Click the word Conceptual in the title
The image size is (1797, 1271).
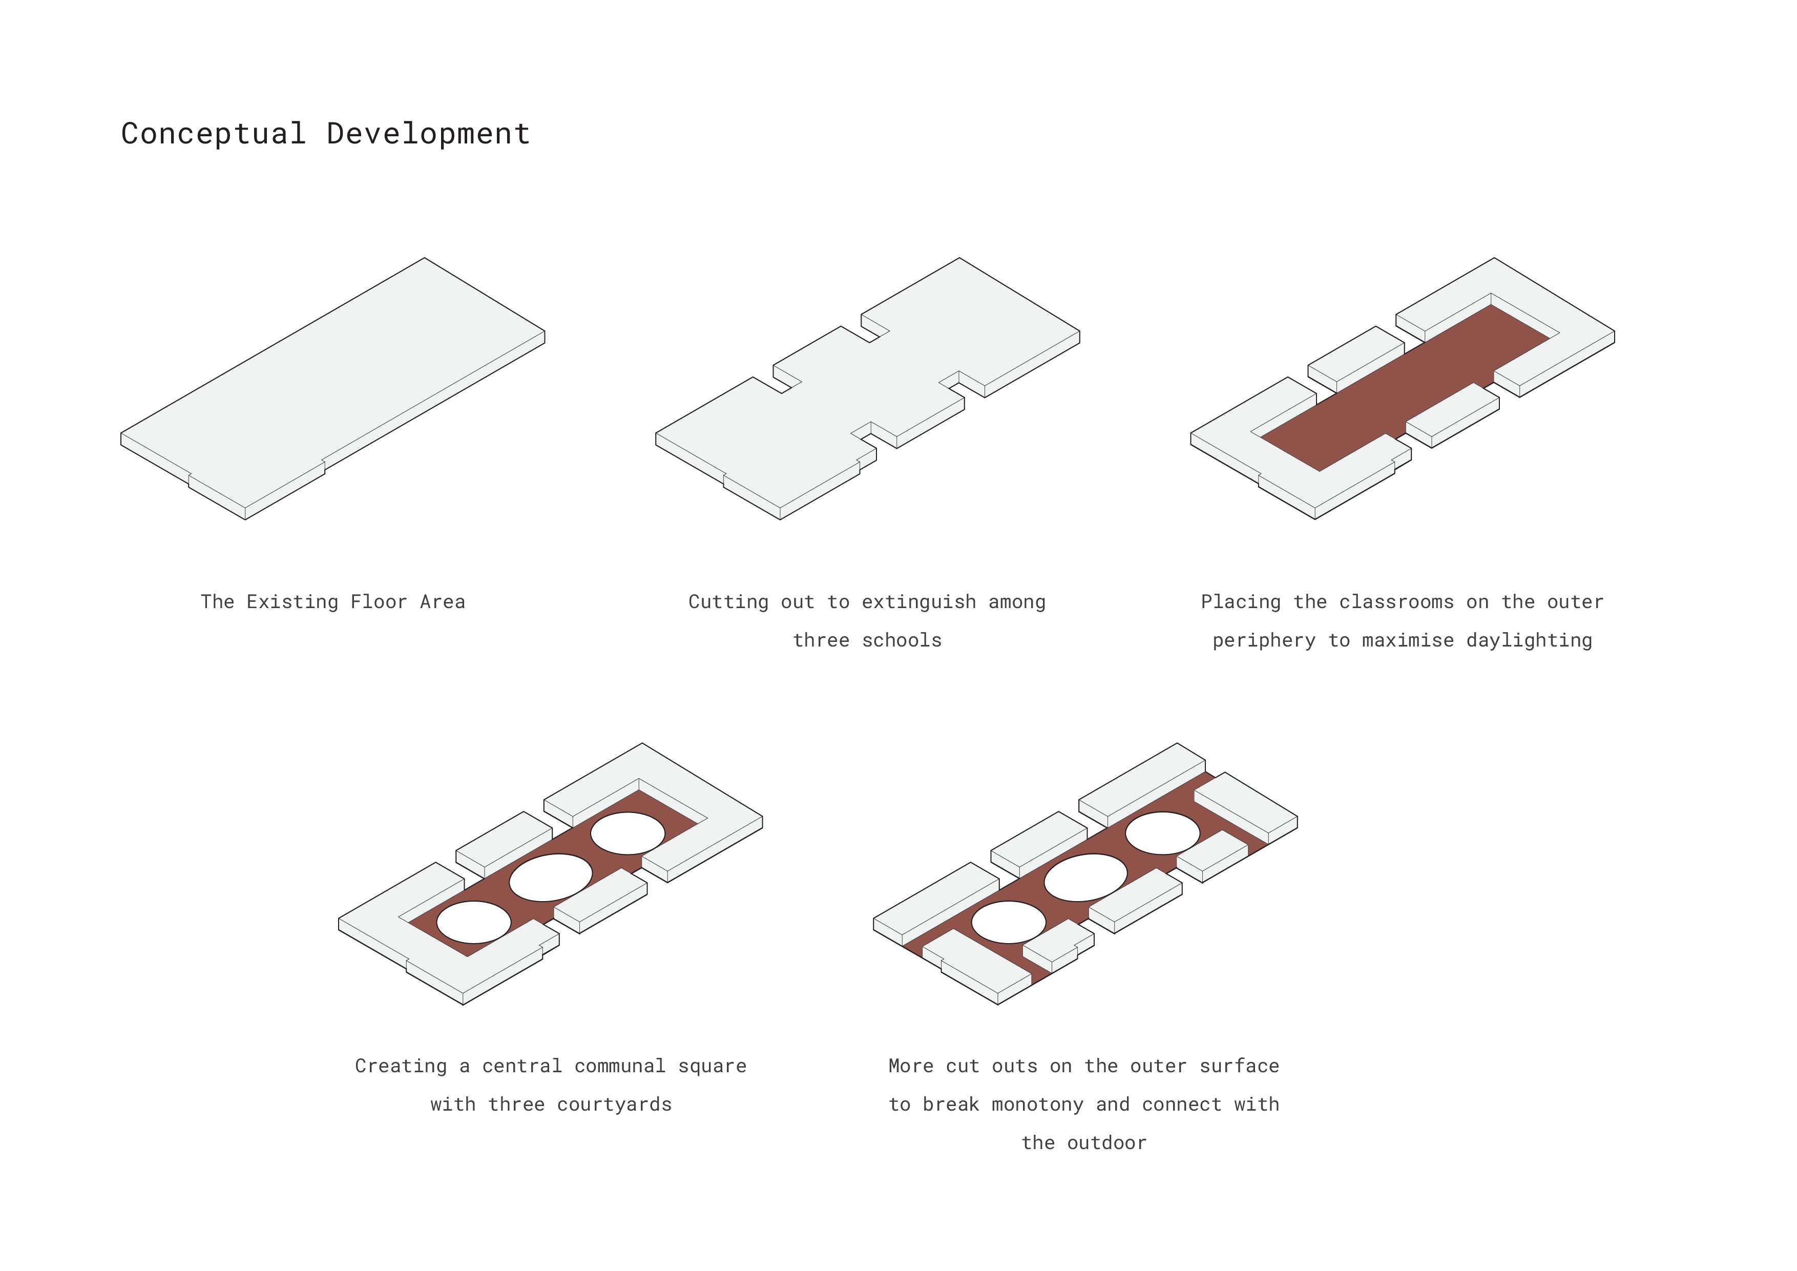pyautogui.click(x=213, y=134)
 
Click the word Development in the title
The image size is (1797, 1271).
pyautogui.click(x=428, y=134)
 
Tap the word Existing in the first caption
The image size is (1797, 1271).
pyautogui.click(x=292, y=602)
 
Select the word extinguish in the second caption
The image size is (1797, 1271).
pyautogui.click(x=919, y=602)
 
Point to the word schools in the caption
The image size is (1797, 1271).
pyautogui.click(x=902, y=640)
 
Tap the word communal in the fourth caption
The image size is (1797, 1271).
pyautogui.click(x=620, y=1066)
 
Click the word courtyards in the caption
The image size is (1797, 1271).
pyautogui.click(x=614, y=1105)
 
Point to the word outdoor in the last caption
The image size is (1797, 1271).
pyautogui.click(x=1106, y=1142)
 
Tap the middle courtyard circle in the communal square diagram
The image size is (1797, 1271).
pyautogui.click(x=550, y=878)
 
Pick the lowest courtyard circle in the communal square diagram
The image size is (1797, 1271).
pyautogui.click(x=473, y=922)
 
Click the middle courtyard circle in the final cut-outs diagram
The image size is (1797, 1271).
pyautogui.click(x=1085, y=878)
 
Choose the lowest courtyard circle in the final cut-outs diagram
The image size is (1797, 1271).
pyautogui.click(x=1008, y=922)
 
